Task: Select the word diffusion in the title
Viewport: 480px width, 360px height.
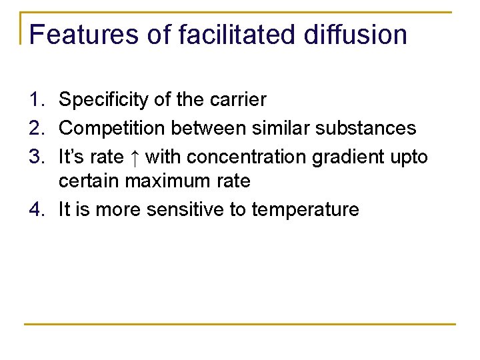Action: pyautogui.click(x=355, y=35)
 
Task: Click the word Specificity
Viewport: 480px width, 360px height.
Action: pyautogui.click(x=103, y=100)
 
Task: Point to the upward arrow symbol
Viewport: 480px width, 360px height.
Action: pyautogui.click(x=134, y=157)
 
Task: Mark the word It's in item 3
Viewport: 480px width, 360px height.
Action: pyautogui.click(x=71, y=157)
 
